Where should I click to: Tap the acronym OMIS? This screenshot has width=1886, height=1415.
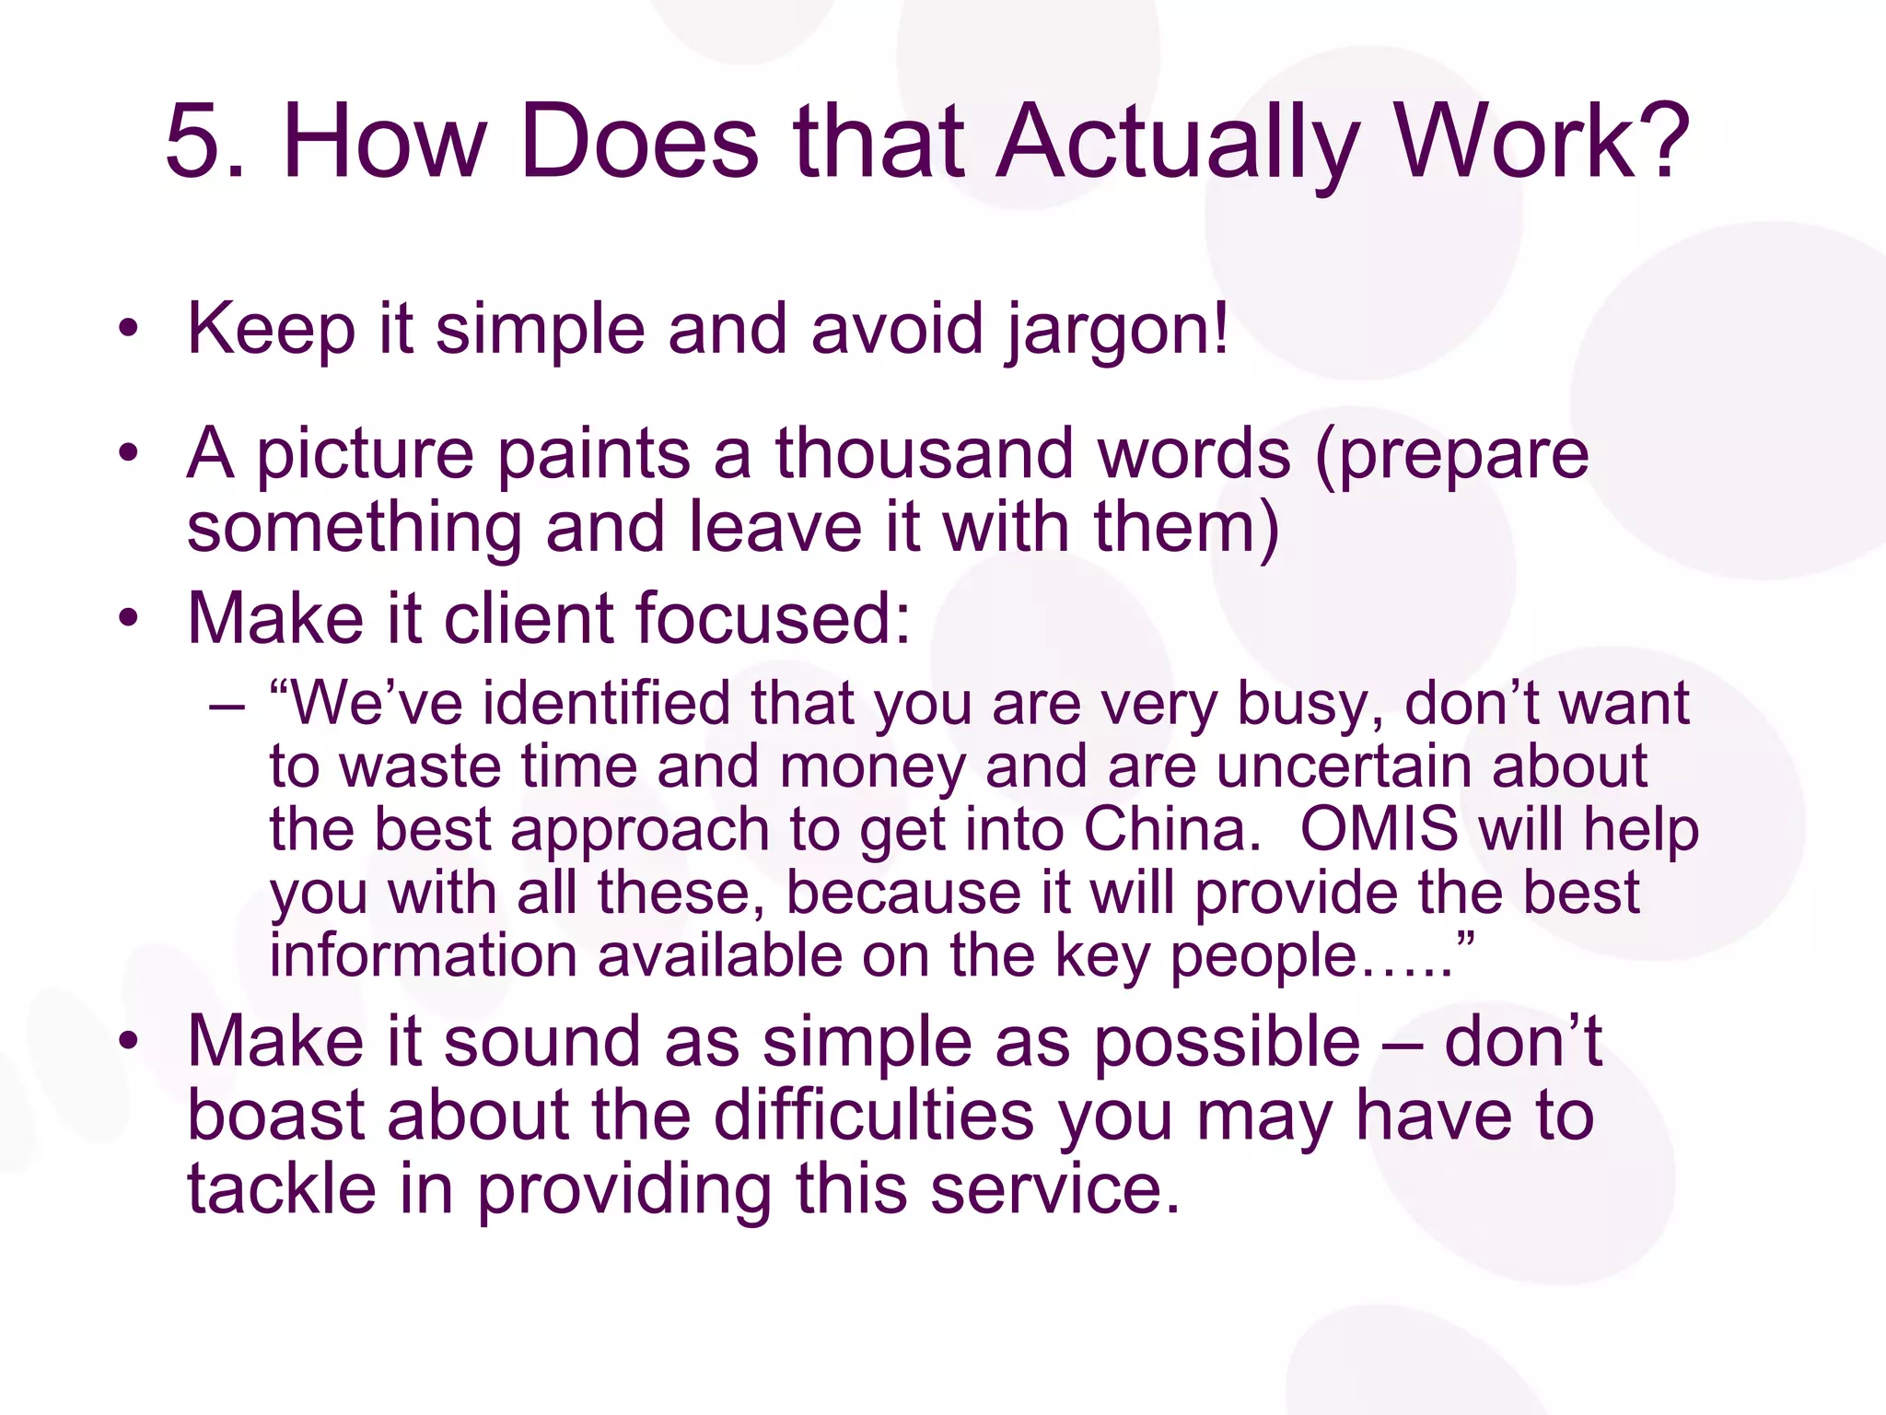(x=1379, y=828)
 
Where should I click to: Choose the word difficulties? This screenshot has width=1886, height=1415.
(x=874, y=1116)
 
